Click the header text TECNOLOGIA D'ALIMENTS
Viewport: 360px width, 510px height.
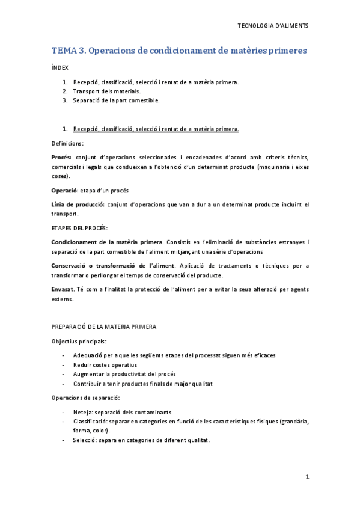coord(273,26)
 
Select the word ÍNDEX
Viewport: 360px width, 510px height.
coord(60,69)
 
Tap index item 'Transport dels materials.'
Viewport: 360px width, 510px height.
coord(107,91)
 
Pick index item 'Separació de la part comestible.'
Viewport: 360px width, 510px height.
coord(116,100)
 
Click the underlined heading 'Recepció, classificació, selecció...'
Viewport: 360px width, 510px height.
coord(156,129)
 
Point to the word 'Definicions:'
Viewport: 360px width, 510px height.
coord(68,143)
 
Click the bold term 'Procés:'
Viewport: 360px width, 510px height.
coord(62,158)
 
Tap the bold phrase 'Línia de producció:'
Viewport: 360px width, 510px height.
coord(78,205)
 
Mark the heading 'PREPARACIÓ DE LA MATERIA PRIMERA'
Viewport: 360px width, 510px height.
coord(104,327)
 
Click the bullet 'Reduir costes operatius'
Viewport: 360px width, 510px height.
coord(105,365)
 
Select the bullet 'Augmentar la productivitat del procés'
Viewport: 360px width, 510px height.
coord(124,374)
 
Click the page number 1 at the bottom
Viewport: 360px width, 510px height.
coord(307,477)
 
